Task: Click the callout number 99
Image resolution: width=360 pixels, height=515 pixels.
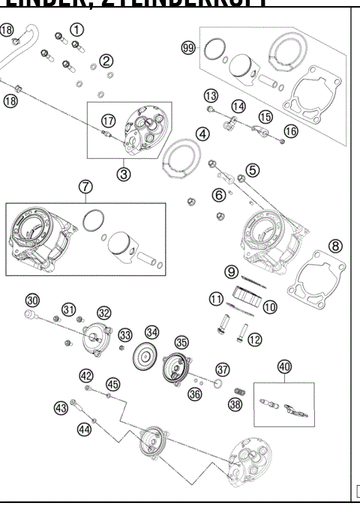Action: tap(188, 48)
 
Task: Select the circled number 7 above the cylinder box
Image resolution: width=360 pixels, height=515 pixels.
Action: tap(85, 187)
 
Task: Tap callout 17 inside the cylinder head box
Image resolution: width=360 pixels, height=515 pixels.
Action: tap(109, 120)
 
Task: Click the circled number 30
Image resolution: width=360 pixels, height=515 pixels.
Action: tap(31, 300)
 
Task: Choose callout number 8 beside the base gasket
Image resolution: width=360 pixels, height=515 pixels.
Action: tap(335, 245)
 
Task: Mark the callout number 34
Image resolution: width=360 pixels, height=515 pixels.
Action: tap(152, 331)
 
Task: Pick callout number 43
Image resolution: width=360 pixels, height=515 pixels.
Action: tap(61, 408)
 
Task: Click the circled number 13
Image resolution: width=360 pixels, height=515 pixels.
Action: tap(211, 95)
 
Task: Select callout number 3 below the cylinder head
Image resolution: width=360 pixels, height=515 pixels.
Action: tap(123, 173)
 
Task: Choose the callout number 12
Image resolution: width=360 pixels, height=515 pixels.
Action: tap(254, 340)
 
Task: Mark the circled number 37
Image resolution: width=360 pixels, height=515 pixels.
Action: tap(222, 370)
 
